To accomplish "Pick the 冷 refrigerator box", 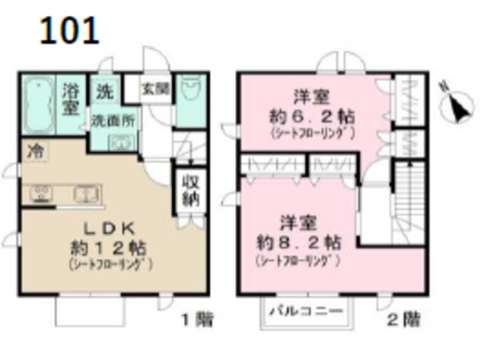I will [x=34, y=151].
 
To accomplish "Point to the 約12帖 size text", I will [x=108, y=248].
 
